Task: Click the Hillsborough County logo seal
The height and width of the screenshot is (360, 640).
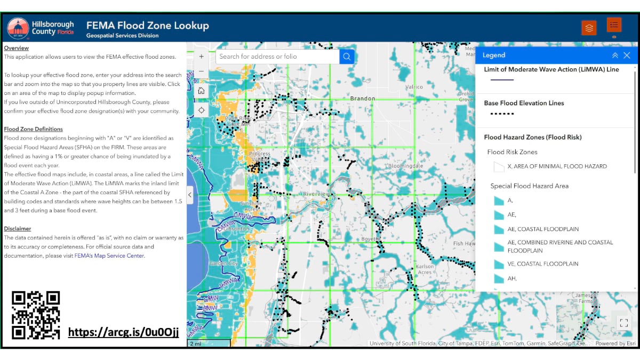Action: tap(18, 28)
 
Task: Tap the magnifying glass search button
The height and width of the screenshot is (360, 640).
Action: tap(347, 57)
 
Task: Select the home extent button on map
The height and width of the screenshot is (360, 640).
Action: tap(201, 91)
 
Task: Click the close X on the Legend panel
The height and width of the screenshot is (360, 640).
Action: tap(627, 55)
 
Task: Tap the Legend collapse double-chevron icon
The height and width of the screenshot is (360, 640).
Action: tap(615, 55)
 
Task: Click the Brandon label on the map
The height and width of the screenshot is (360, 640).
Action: tap(363, 99)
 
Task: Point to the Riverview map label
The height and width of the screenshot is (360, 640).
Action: tap(317, 194)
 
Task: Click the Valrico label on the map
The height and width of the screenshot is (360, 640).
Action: tap(413, 86)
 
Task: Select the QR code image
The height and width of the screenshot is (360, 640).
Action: tap(36, 315)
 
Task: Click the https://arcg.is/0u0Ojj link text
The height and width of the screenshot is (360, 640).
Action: tap(123, 333)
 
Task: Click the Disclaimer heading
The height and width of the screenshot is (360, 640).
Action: tap(18, 229)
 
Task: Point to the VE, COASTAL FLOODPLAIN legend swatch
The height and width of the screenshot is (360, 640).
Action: tap(499, 264)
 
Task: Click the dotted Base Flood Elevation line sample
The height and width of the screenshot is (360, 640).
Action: tap(501, 114)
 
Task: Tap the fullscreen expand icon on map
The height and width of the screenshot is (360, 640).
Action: tap(623, 322)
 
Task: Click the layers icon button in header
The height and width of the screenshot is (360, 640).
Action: tap(589, 28)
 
